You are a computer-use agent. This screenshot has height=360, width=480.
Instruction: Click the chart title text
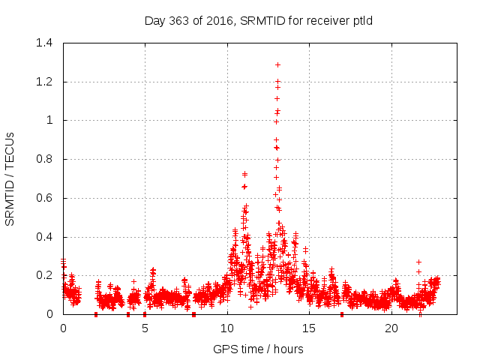(x=259, y=21)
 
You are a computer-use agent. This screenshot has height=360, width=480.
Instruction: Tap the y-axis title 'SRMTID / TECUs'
(x=10, y=178)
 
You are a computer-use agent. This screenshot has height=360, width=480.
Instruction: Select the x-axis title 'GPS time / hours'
(x=259, y=349)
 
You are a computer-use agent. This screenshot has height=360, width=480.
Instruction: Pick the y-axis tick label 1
(x=49, y=120)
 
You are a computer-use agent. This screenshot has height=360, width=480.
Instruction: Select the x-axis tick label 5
(x=145, y=328)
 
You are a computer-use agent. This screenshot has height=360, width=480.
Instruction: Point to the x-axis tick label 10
(x=226, y=328)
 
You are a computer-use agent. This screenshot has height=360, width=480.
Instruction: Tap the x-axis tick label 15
(x=308, y=328)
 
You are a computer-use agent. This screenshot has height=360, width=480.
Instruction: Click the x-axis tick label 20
(x=391, y=328)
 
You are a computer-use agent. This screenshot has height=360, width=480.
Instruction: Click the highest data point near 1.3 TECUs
(x=277, y=64)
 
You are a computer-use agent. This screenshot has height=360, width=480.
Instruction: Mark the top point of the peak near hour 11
(x=244, y=173)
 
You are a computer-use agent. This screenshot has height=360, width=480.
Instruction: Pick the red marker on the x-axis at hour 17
(x=342, y=314)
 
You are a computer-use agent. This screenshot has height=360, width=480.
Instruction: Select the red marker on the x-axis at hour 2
(x=96, y=314)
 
